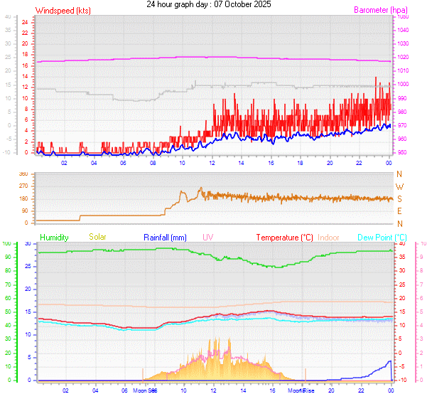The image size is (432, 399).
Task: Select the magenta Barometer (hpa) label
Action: click(x=382, y=11)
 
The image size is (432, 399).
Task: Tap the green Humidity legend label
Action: click(x=55, y=237)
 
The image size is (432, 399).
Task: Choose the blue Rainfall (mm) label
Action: click(x=165, y=237)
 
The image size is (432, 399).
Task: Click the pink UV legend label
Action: click(x=208, y=237)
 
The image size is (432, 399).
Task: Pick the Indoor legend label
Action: click(x=329, y=237)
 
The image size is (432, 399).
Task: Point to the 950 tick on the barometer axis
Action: click(x=402, y=152)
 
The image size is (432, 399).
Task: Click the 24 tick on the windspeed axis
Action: click(x=25, y=22)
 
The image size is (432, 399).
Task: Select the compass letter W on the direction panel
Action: click(x=399, y=186)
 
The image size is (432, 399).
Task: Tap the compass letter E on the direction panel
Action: click(x=399, y=211)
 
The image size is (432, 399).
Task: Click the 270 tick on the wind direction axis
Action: click(x=23, y=186)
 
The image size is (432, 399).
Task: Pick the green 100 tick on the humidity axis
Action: click(x=7, y=244)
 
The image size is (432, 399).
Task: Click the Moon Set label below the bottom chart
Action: click(x=144, y=390)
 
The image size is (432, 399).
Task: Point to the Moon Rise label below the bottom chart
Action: click(x=301, y=390)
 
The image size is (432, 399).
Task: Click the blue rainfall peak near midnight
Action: click(x=389, y=361)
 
